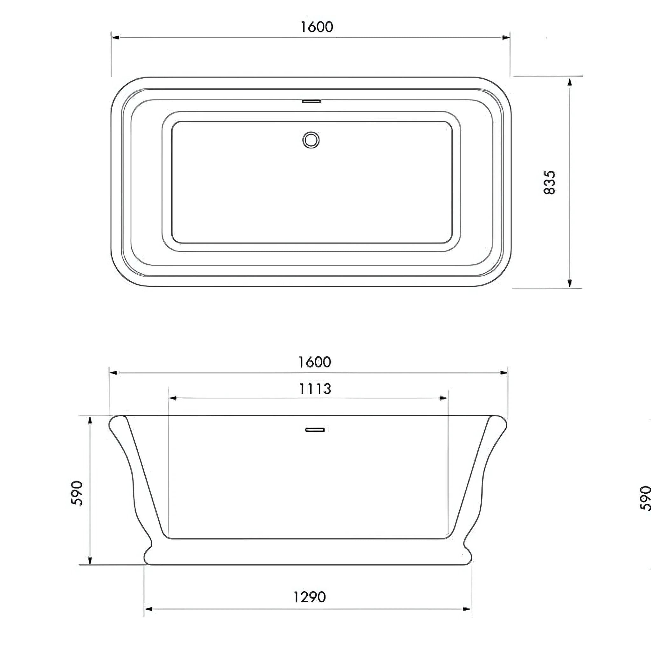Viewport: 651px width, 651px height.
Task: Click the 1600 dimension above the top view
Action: coord(317,27)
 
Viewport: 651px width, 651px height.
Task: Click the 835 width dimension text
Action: coord(550,182)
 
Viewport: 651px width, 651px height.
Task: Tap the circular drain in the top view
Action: coord(311,140)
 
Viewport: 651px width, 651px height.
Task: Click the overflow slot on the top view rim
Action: coord(312,101)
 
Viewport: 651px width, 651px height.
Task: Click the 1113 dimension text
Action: coord(315,389)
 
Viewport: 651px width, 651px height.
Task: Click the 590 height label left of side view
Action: coord(78,493)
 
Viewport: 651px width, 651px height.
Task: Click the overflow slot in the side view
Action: coord(315,430)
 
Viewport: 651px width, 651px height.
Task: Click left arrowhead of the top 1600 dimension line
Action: coord(116,38)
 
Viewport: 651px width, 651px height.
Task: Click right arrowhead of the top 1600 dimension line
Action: coord(505,38)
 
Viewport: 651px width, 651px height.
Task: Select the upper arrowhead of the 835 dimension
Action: coord(569,82)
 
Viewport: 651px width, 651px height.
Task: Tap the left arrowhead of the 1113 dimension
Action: coord(173,398)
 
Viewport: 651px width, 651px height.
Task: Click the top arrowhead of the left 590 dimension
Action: coord(90,421)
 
